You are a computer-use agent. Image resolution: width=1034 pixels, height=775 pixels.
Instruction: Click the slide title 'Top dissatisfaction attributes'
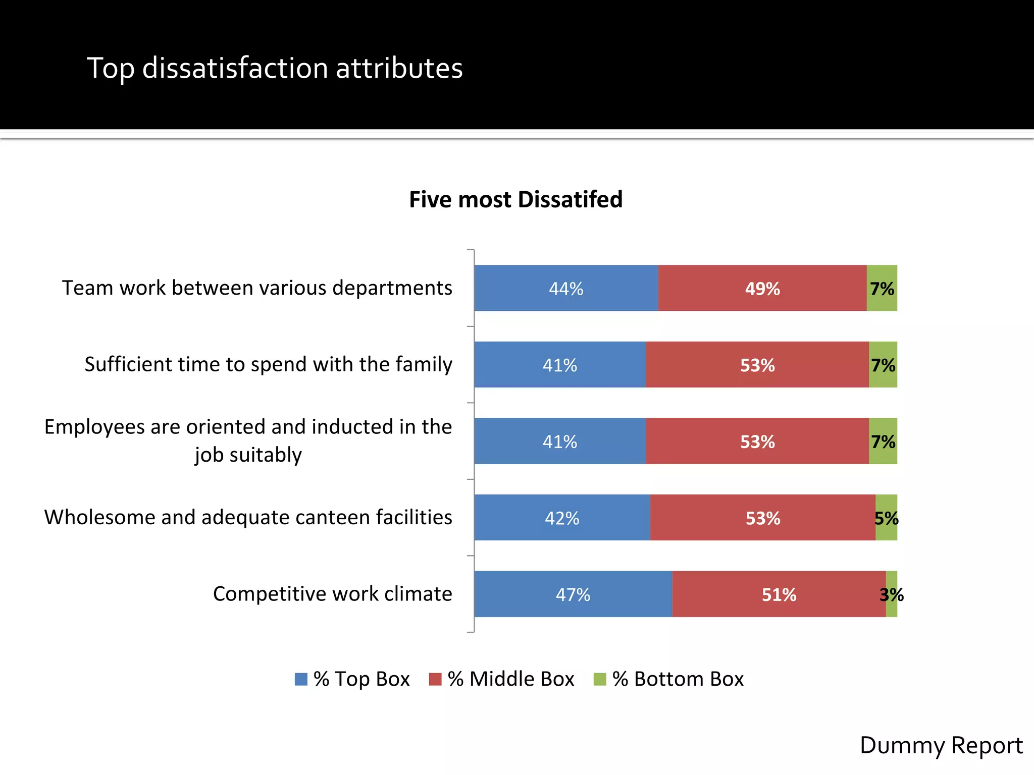[275, 68]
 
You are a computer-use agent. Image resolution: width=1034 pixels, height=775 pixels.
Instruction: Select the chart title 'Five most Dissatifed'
[515, 199]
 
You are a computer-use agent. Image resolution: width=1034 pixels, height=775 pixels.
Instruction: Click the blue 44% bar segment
[565, 288]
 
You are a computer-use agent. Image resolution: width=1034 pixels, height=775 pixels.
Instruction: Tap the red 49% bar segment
[762, 288]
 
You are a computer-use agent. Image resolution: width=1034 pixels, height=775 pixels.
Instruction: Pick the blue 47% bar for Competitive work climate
[573, 594]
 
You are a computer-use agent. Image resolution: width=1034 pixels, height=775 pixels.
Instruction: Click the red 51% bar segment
[779, 594]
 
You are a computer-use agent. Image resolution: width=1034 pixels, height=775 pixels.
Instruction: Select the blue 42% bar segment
[561, 518]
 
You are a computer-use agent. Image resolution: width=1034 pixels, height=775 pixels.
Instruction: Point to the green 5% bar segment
[887, 518]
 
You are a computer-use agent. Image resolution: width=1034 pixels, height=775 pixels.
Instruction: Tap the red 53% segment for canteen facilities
[762, 518]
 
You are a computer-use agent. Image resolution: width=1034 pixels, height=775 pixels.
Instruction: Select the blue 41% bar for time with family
[559, 365]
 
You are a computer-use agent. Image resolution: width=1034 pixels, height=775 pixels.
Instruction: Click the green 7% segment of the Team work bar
[882, 288]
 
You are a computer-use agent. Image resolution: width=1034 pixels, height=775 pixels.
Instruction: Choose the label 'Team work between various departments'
[257, 288]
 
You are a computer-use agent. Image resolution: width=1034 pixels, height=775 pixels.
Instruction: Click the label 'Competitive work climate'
[332, 594]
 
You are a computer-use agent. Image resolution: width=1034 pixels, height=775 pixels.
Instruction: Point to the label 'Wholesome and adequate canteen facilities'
[248, 517]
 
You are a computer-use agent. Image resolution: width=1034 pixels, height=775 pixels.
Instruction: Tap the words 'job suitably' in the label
[248, 455]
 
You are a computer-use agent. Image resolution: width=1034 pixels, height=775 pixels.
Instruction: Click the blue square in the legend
[301, 679]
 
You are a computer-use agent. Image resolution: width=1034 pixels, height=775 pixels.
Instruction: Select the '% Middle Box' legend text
[510, 679]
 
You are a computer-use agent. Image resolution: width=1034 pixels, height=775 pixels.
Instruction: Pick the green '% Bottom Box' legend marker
[599, 679]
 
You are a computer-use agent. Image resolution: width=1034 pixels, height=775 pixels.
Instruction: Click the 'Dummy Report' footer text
[941, 745]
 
